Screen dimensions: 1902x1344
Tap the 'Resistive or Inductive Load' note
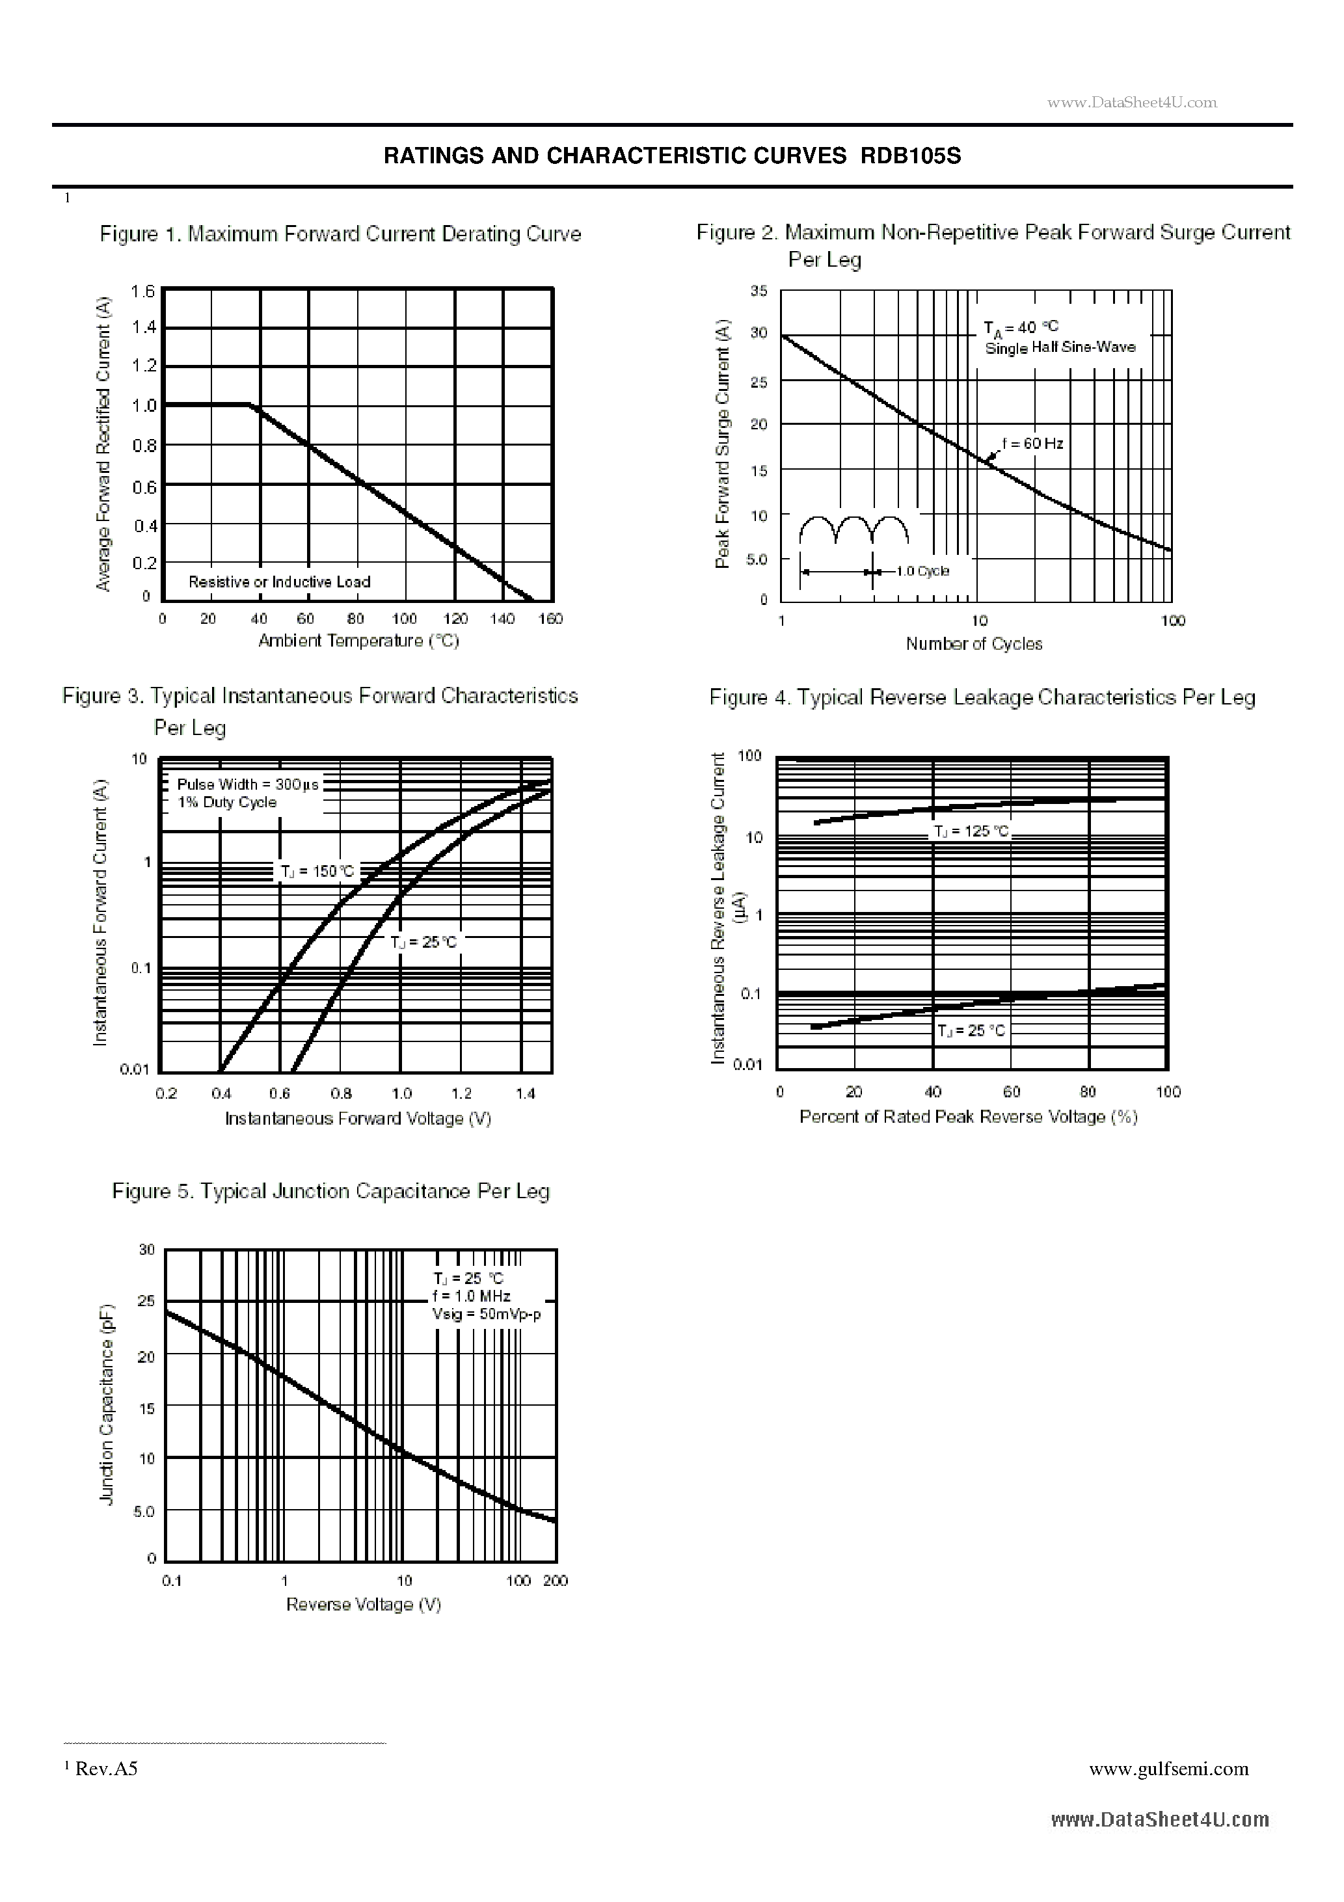[x=279, y=582]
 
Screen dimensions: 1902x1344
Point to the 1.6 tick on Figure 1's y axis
[x=142, y=291]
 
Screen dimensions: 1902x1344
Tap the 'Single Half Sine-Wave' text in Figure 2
[x=1060, y=348]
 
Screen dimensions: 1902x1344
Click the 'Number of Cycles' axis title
[x=974, y=644]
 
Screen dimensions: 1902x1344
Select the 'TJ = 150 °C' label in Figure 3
[x=317, y=872]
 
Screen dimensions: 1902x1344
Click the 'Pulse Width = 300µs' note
[x=247, y=784]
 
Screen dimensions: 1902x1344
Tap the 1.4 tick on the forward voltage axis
[x=526, y=1093]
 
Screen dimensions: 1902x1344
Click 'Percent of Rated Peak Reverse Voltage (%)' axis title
[x=968, y=1117]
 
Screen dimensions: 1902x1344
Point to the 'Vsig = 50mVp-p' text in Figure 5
[x=485, y=1315]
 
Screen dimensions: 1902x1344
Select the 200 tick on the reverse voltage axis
[x=555, y=1581]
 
